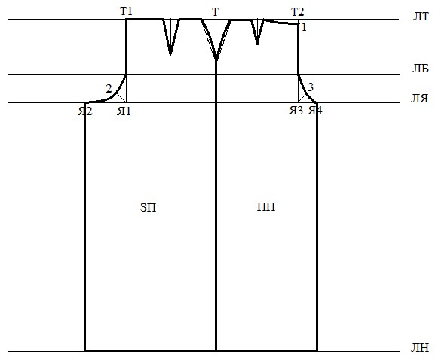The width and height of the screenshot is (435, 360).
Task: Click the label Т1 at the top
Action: coord(126,11)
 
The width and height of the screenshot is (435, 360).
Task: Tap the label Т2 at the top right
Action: coord(297,12)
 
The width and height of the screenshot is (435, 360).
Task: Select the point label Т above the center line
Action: coord(215,12)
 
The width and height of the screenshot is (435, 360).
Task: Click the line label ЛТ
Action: coord(421,17)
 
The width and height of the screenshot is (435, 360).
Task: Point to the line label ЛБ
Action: coord(420,69)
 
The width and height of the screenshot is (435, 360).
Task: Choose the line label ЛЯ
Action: coord(419,98)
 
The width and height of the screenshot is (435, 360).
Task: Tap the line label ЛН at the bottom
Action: coord(420,347)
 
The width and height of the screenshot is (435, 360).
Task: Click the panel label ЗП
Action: coord(149,207)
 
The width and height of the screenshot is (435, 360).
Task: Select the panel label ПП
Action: coord(266,207)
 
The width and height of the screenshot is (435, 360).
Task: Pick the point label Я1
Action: coord(124,111)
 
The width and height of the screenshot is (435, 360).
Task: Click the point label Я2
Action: coord(85,111)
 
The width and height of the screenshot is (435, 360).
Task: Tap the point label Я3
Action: coord(296,111)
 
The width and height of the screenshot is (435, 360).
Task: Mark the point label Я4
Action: coord(315,111)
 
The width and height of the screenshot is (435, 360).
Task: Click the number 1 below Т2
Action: coord(304,27)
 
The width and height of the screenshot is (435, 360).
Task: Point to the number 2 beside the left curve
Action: coord(109,89)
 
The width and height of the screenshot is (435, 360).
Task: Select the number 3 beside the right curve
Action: coord(311,87)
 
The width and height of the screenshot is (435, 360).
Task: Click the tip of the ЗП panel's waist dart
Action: coord(170,54)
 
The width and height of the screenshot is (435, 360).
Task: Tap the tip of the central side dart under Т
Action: coord(216,59)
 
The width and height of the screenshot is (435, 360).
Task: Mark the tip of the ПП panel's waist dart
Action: coord(257,44)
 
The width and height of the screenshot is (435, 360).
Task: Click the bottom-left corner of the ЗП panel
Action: coord(84,351)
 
